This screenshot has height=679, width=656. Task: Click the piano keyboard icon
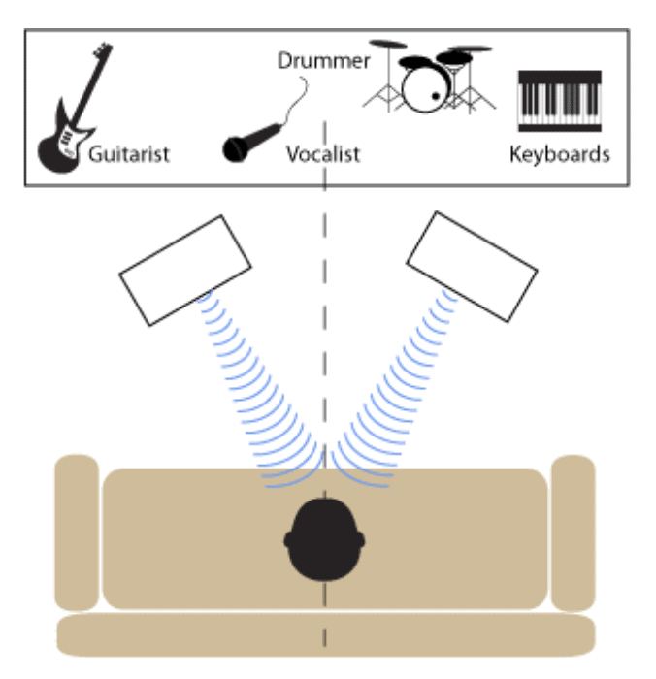(x=560, y=102)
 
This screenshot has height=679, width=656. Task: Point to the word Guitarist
(x=129, y=153)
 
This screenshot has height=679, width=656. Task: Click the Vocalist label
(x=323, y=153)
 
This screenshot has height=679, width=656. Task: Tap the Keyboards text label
(x=560, y=153)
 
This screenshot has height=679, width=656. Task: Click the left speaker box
(x=185, y=270)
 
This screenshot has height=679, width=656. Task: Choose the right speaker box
(x=473, y=266)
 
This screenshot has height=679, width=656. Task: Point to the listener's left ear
(x=290, y=539)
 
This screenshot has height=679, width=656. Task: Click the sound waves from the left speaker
(x=257, y=388)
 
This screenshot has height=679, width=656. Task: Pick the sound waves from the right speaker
(x=393, y=388)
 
